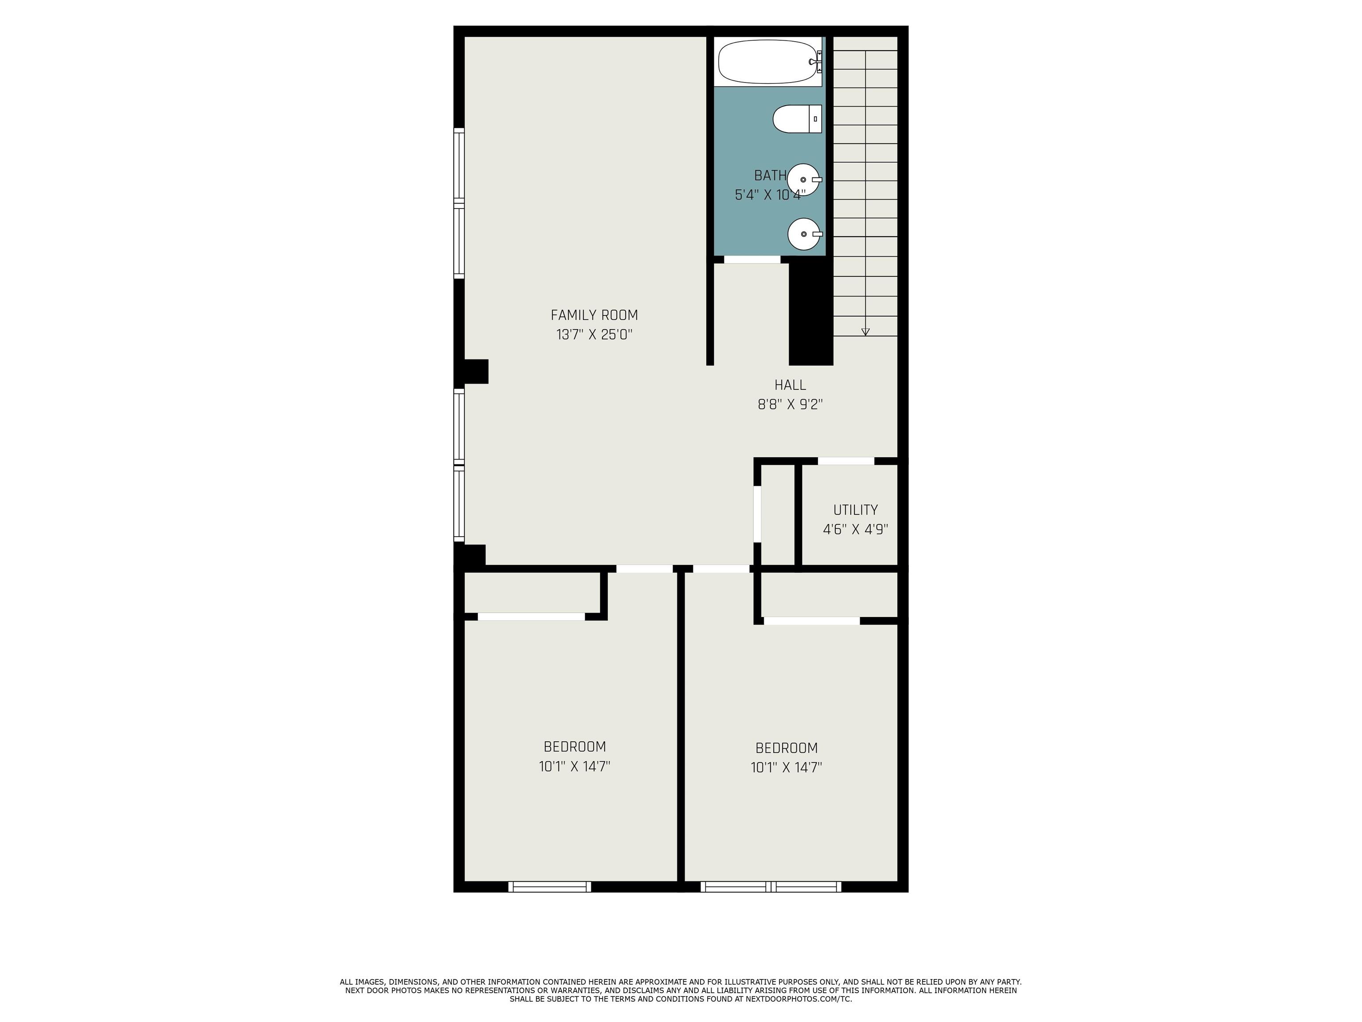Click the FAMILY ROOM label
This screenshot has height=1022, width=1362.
pos(594,315)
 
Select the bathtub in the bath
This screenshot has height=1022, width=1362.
pos(770,62)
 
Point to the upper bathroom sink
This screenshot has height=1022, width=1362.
pos(804,179)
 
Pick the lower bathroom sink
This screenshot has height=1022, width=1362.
pos(804,234)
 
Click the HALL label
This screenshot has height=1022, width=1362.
pos(790,385)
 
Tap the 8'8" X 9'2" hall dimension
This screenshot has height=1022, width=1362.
pos(790,405)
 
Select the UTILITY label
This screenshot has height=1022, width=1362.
pos(855,510)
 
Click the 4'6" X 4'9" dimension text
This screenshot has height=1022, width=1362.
pos(855,530)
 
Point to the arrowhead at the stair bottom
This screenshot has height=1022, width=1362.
pos(865,332)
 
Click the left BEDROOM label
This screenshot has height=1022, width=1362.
pos(575,747)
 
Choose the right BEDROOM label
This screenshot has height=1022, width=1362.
pos(786,748)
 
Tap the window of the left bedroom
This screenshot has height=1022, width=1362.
pos(549,886)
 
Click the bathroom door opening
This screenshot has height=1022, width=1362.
pos(752,259)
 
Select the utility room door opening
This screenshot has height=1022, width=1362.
pos(846,461)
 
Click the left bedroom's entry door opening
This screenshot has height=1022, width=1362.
pos(645,569)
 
